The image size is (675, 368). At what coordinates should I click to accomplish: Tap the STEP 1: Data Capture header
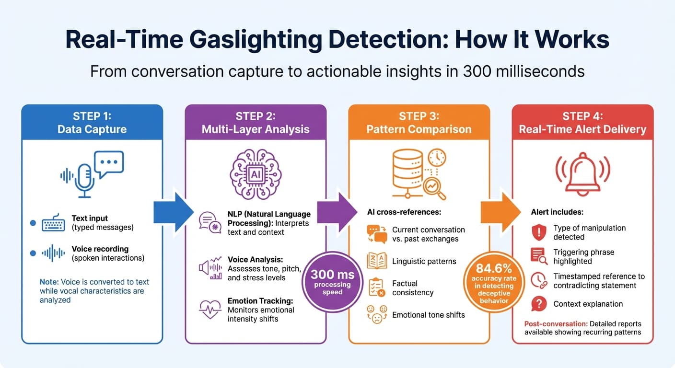(92, 123)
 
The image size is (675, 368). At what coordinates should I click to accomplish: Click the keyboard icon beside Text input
(53, 223)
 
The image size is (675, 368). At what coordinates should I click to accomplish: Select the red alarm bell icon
(582, 172)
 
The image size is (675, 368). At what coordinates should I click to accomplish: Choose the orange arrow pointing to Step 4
(500, 212)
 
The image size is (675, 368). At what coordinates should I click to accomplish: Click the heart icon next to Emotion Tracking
(210, 310)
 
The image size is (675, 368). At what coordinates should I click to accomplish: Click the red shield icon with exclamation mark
(539, 232)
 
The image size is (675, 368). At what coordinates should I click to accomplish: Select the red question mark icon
(539, 304)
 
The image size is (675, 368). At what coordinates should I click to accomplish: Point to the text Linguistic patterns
(424, 261)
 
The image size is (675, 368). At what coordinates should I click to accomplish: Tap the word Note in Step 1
(49, 282)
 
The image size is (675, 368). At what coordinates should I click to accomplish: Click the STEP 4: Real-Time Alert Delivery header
(582, 123)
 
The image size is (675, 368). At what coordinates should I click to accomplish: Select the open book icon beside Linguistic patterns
(376, 261)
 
